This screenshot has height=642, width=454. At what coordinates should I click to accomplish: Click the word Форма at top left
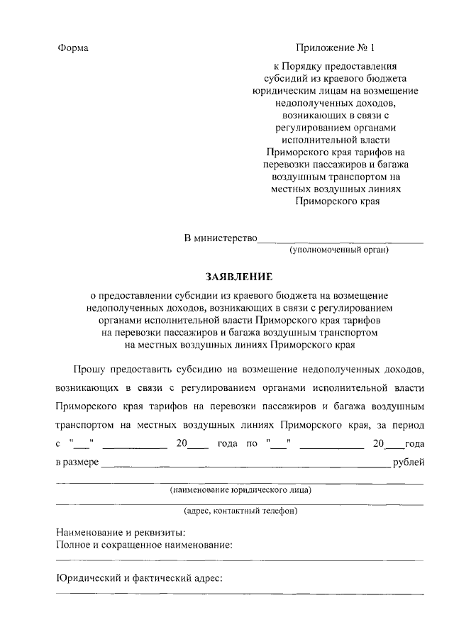73,48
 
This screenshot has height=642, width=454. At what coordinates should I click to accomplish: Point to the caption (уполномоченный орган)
339,250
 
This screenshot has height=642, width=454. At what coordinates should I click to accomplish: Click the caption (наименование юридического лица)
240,490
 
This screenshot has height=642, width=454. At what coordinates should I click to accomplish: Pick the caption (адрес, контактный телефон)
240,511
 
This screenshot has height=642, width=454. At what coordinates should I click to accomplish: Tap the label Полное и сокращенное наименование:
145,545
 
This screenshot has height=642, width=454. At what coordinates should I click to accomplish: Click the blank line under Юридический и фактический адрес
240,594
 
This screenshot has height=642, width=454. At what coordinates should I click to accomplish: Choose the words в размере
77,463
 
